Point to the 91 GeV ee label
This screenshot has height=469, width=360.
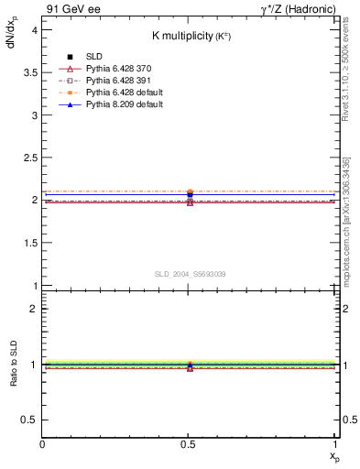tap(67, 9)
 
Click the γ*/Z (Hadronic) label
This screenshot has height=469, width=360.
tap(296, 9)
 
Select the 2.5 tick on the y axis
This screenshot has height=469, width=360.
tap(30, 157)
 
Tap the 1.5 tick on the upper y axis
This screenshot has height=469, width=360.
tap(30, 242)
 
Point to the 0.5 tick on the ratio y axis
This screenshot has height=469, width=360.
tap(30, 420)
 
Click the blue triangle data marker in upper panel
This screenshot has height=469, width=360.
tap(190, 193)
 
